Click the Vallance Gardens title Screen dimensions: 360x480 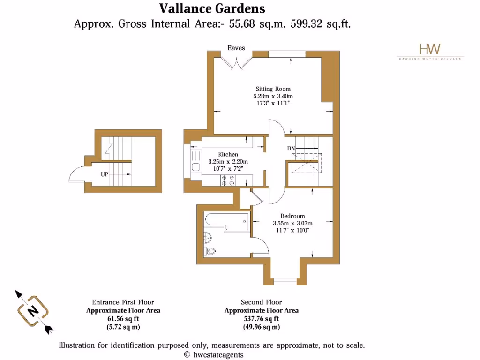click(212, 8)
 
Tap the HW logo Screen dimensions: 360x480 click(429, 49)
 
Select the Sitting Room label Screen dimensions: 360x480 click(273, 89)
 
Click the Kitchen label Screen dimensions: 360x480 click(228, 154)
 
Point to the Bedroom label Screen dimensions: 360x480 click(292, 216)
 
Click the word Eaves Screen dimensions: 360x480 click(236, 48)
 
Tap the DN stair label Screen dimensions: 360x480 click(292, 149)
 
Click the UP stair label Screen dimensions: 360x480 click(105, 174)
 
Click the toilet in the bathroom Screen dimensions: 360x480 click(210, 250)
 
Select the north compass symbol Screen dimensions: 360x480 click(33, 311)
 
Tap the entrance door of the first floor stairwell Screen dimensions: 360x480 click(77, 175)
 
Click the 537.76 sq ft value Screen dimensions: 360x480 click(261, 318)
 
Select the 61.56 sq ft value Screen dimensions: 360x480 click(123, 318)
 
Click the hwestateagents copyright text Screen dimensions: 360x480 click(214, 355)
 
